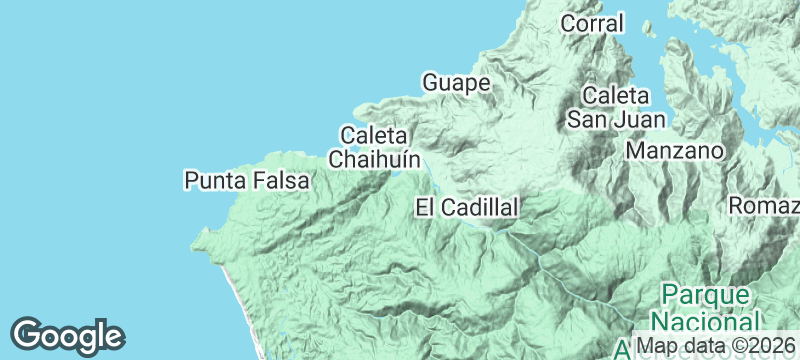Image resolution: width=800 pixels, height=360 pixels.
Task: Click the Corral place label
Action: pyautogui.click(x=592, y=23)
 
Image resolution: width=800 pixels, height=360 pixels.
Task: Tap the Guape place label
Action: pyautogui.click(x=456, y=82)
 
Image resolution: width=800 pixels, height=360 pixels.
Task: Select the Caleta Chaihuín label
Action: pyautogui.click(x=373, y=147)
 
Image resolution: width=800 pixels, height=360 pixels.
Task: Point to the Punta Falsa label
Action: pyautogui.click(x=247, y=181)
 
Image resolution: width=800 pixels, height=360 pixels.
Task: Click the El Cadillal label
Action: pyautogui.click(x=467, y=208)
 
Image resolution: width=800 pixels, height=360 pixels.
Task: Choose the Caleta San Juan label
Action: pyautogui.click(x=609, y=108)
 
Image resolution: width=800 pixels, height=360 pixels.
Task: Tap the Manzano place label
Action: pyautogui.click(x=674, y=151)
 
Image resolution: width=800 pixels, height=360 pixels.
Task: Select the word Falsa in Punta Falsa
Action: pyautogui.click(x=280, y=181)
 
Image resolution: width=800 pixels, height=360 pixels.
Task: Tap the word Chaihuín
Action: pyautogui.click(x=374, y=159)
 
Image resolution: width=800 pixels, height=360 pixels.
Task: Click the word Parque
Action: pyautogui.click(x=704, y=296)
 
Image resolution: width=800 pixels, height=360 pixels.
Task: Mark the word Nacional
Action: pyautogui.click(x=704, y=322)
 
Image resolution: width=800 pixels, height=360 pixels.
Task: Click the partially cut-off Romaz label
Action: pyautogui.click(x=765, y=206)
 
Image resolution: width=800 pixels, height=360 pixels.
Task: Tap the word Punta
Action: pyautogui.click(x=214, y=181)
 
